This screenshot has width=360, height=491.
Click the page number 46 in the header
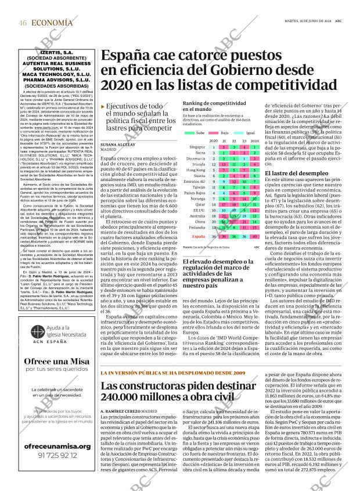coord(23,22)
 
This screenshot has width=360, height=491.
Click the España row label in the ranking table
coord(199,237)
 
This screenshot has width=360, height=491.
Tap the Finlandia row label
coord(197,227)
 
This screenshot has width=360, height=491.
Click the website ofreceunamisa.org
coord(57,446)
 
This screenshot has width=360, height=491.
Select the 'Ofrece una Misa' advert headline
coord(57,361)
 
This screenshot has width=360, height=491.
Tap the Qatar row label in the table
coord(200,204)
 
